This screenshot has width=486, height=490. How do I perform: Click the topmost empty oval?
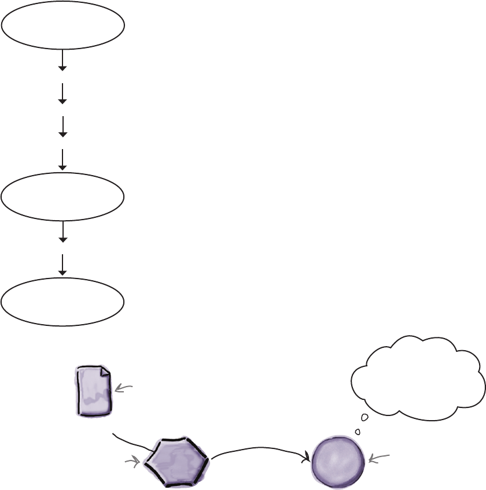[62, 24]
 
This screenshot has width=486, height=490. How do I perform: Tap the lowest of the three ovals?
[62, 301]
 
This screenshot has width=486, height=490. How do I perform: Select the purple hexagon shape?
[176, 459]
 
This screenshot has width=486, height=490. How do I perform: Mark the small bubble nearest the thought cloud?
[365, 418]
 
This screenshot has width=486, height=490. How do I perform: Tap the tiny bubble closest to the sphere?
[358, 431]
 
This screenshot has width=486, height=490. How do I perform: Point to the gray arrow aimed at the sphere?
[380, 458]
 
